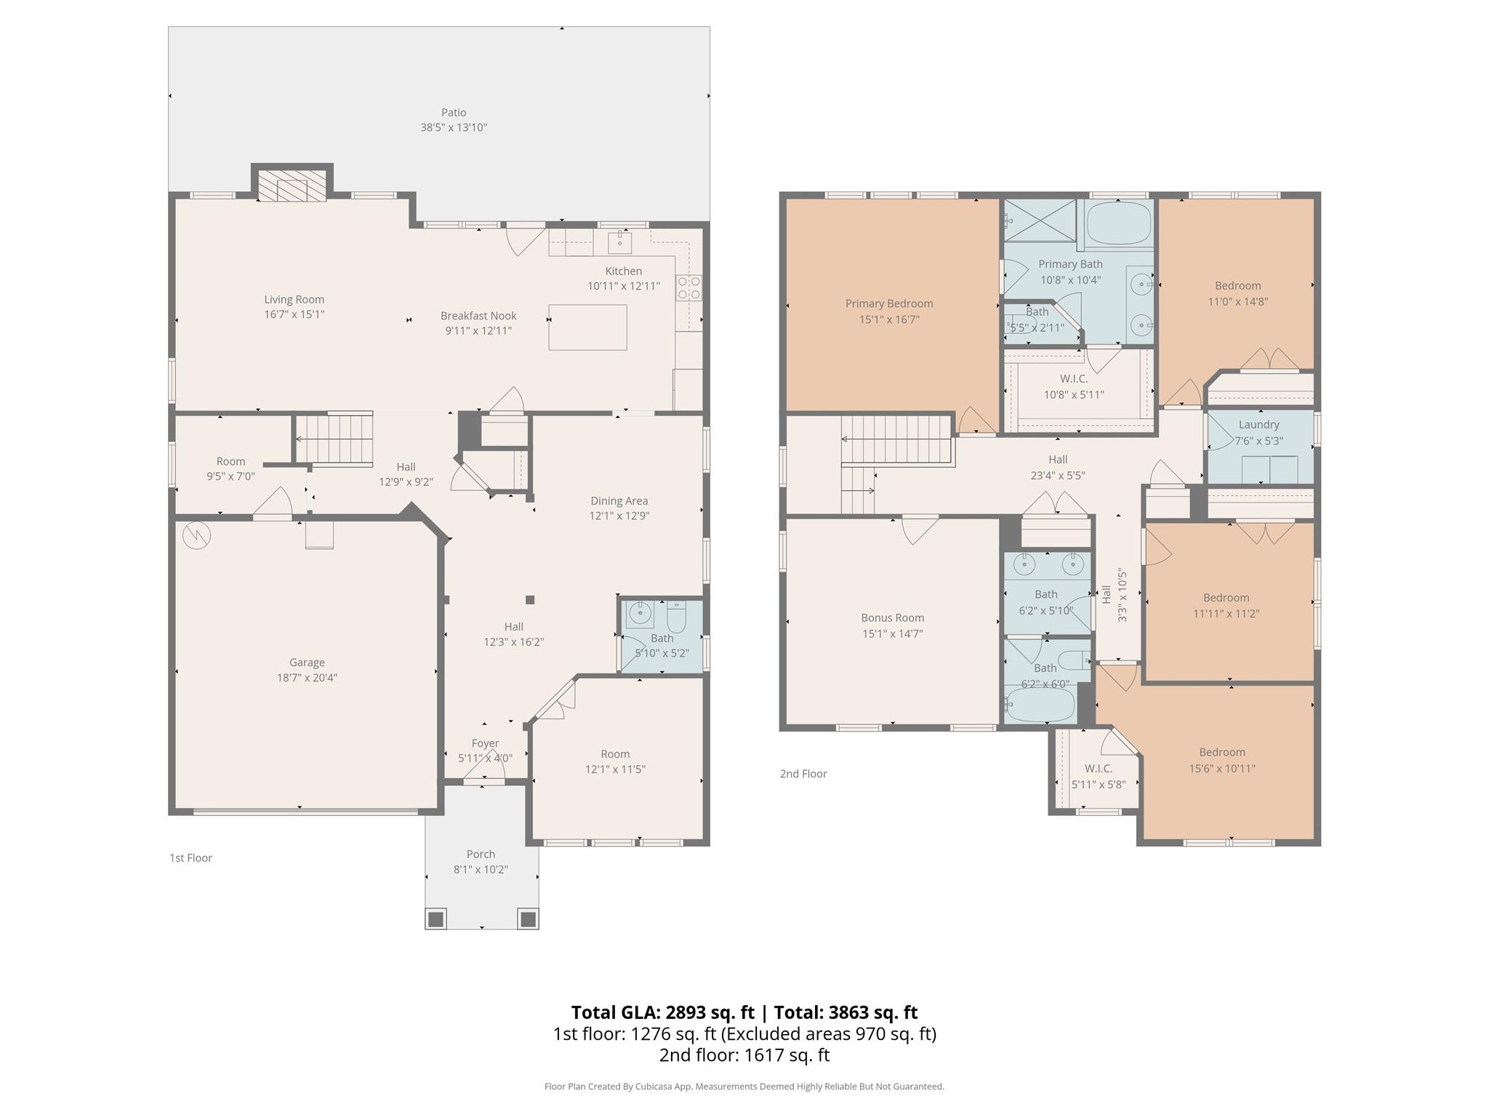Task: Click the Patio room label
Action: [x=453, y=113]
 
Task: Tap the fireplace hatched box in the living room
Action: [x=292, y=187]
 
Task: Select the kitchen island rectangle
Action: [x=587, y=327]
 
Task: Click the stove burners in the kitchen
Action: [x=689, y=288]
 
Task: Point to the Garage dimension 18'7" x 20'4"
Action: [x=307, y=678]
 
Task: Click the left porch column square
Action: [x=436, y=919]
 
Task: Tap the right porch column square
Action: [x=529, y=919]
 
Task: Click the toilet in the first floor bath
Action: [x=676, y=618]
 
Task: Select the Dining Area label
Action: [x=619, y=501]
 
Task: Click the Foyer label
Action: [x=485, y=743]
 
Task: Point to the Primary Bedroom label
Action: [x=888, y=304]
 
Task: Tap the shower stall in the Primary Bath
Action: [x=1040, y=221]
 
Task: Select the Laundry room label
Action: [x=1259, y=425]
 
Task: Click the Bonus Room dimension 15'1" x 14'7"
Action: [x=892, y=633]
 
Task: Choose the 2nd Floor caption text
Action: [x=803, y=774]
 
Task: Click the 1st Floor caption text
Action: [x=190, y=858]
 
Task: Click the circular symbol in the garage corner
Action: [x=196, y=536]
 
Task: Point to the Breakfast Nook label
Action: [x=478, y=316]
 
